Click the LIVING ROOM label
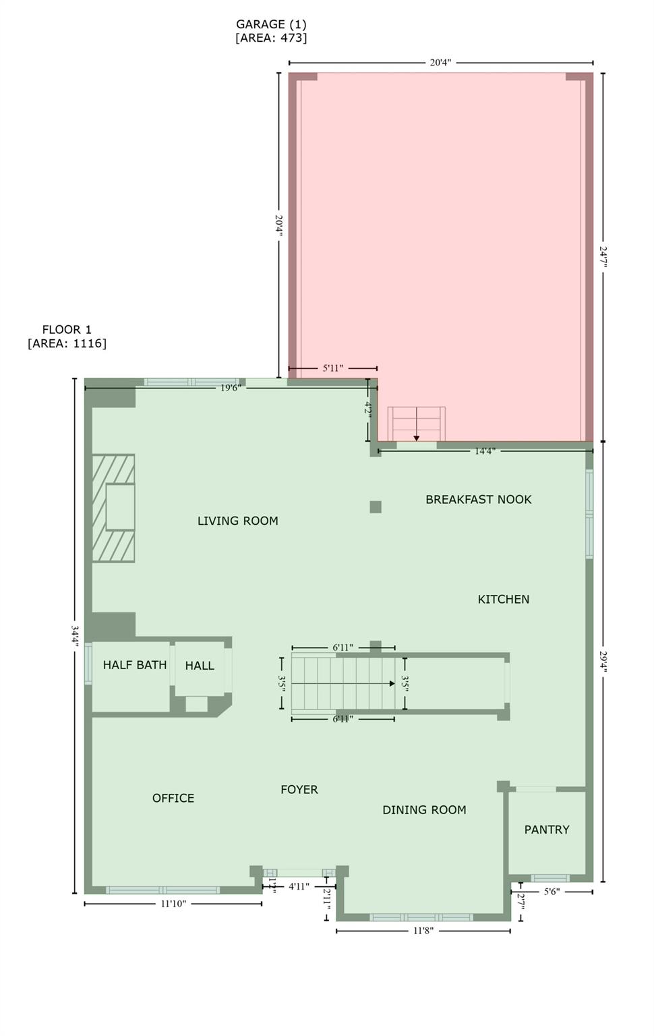click(237, 521)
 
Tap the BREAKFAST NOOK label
click(478, 500)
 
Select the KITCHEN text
click(503, 599)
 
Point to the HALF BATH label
click(135, 665)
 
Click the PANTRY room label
click(547, 830)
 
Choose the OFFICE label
click(173, 798)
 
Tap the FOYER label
click(299, 789)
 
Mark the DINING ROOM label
click(424, 810)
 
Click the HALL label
click(200, 666)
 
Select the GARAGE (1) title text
click(271, 24)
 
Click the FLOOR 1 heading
click(67, 330)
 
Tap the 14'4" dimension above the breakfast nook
click(484, 451)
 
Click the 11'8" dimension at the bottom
click(423, 931)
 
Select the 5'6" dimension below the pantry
click(551, 892)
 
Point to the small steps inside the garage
click(416, 424)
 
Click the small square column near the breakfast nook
click(376, 507)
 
